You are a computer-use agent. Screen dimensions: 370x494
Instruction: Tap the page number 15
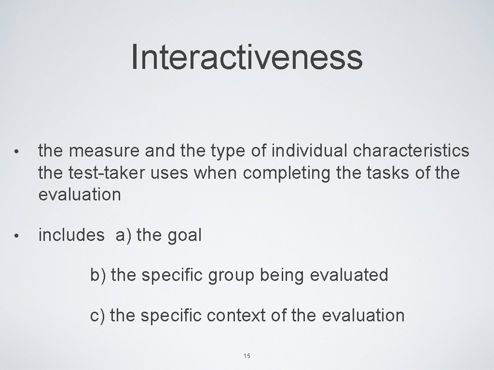247,356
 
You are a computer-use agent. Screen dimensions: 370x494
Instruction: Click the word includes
71,235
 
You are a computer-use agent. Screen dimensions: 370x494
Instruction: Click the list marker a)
124,236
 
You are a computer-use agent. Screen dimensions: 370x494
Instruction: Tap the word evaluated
349,276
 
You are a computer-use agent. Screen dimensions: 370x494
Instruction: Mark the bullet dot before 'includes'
16,236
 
